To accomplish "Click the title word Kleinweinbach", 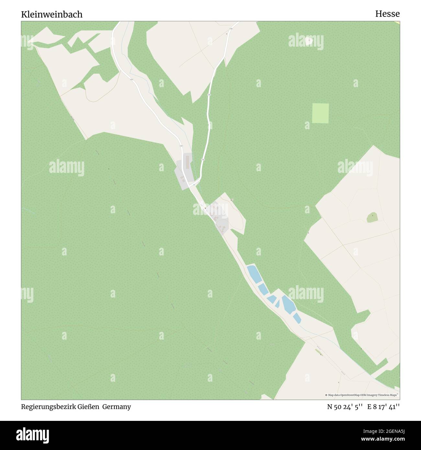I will [52, 14].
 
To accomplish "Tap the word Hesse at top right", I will [387, 14].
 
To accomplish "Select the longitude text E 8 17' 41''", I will [383, 407].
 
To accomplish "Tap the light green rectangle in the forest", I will [320, 113].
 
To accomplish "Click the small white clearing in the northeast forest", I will [309, 40].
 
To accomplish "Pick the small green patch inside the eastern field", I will [372, 218].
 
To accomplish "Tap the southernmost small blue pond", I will [297, 318].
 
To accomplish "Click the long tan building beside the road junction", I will [187, 162].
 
